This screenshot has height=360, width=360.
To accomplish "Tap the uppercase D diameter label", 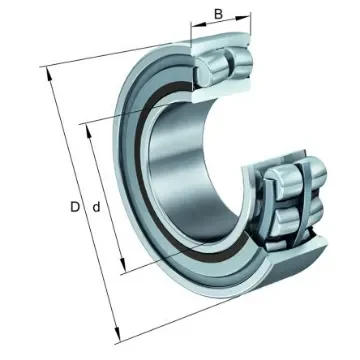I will (74, 208).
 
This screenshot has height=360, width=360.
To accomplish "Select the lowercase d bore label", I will (94, 208).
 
